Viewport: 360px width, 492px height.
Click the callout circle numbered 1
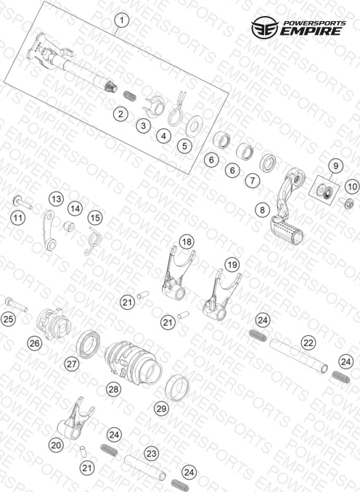point(122,21)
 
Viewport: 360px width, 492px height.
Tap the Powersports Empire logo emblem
point(264,28)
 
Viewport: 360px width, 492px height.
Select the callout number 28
point(113,389)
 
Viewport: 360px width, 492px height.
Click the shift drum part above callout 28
point(133,363)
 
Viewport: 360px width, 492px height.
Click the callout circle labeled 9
point(336,165)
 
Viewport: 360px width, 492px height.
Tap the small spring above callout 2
point(129,95)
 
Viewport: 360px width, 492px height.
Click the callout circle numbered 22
point(308,343)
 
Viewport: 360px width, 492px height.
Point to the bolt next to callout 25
point(16,304)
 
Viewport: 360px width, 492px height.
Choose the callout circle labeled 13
point(56,199)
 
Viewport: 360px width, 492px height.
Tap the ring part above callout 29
point(177,388)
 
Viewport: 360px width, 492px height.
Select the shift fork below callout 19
point(221,295)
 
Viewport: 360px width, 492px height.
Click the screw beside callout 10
point(346,202)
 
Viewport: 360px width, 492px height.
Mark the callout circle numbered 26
point(34,343)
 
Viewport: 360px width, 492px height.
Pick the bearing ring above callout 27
point(89,344)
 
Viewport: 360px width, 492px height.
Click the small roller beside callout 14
point(69,226)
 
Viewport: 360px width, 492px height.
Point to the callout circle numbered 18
point(187,242)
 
